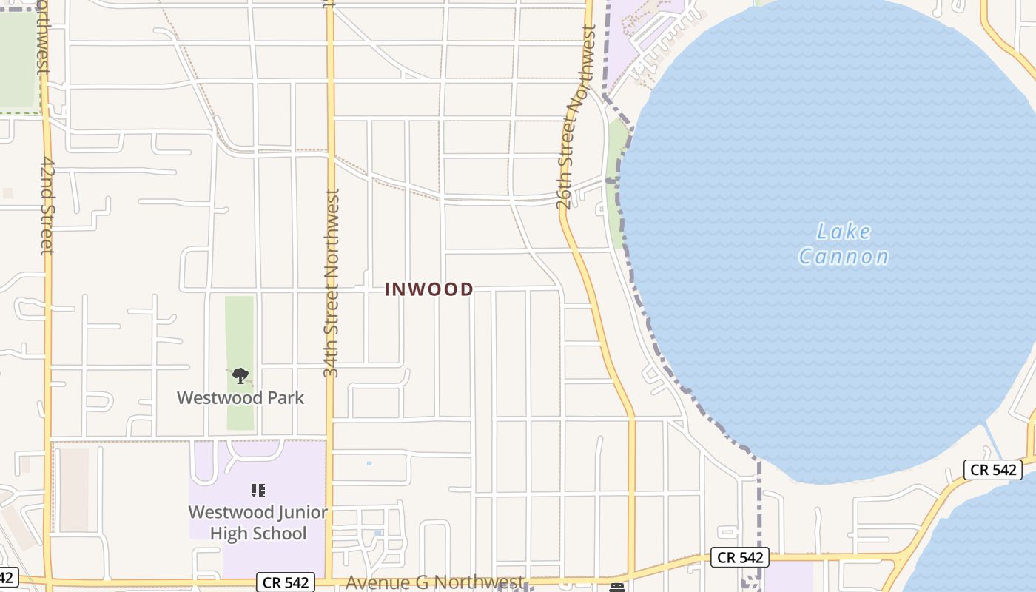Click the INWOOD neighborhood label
[429, 289]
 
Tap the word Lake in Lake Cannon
[844, 232]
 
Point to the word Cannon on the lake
[844, 257]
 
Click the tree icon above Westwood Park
[240, 376]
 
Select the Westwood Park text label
[240, 397]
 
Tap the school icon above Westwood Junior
[258, 490]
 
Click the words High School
[258, 534]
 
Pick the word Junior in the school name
[299, 512]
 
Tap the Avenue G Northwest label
[434, 583]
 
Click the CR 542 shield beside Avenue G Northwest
[286, 582]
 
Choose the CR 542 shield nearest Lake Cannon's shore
[992, 470]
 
